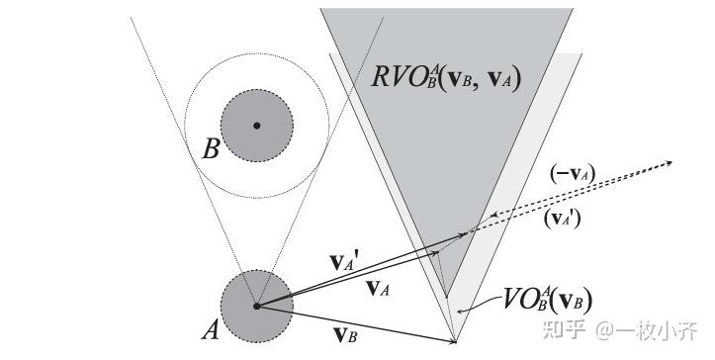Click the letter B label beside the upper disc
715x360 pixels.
[x=211, y=149]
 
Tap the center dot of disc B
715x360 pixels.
[x=257, y=126]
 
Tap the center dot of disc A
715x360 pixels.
[x=257, y=307]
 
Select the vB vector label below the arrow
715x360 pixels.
[x=346, y=335]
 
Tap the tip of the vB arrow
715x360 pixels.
[x=456, y=341]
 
